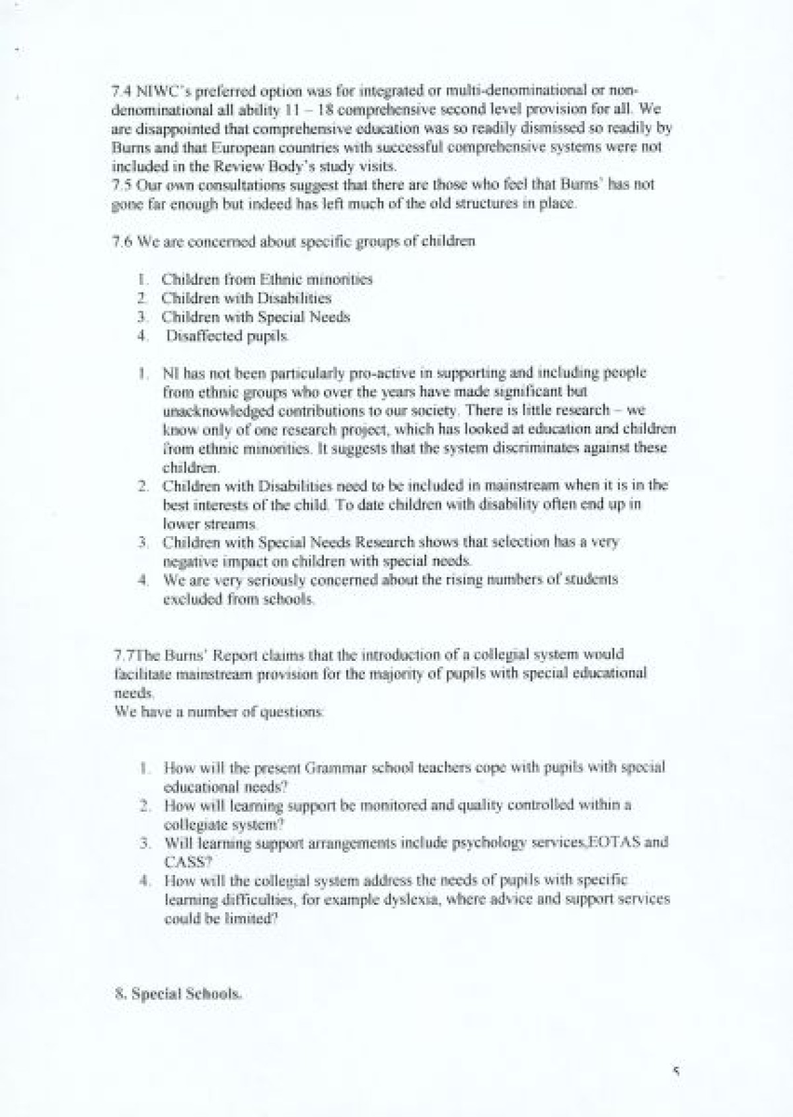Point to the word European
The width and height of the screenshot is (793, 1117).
(x=213, y=147)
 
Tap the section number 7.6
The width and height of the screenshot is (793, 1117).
(x=122, y=241)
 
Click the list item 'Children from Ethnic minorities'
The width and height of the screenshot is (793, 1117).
(x=266, y=279)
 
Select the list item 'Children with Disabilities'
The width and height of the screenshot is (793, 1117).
(x=246, y=298)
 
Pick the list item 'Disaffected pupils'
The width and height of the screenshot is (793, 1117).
(x=227, y=336)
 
